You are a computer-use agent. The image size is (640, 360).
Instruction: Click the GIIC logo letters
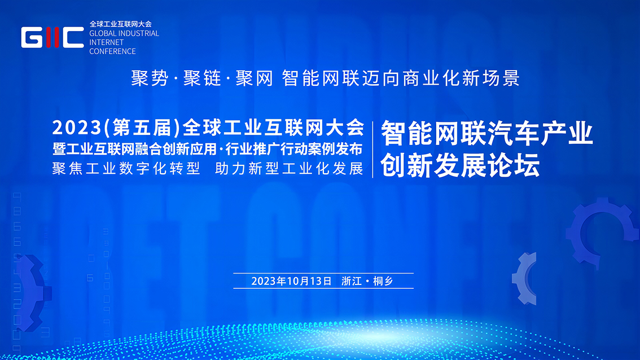tap(52, 38)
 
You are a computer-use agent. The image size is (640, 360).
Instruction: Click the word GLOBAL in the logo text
tap(102, 33)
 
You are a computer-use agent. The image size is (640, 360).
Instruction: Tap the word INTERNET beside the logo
tap(106, 42)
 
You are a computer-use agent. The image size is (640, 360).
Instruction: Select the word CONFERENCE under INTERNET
tap(113, 51)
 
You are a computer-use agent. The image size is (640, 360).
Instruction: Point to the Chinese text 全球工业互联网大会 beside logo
tap(120, 24)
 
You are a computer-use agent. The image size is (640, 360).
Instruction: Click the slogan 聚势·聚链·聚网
tap(202, 78)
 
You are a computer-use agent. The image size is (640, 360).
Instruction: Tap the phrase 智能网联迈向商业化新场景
tap(401, 78)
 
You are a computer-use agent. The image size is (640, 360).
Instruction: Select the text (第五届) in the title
tap(143, 128)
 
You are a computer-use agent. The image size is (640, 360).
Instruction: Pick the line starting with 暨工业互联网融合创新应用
tap(207, 149)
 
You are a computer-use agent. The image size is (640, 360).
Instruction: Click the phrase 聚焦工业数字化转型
tap(126, 169)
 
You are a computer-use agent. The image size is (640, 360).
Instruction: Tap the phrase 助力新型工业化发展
tap(289, 169)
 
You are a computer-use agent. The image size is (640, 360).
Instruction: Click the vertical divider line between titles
tap(372, 150)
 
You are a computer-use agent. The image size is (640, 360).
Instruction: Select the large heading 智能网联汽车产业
tap(487, 134)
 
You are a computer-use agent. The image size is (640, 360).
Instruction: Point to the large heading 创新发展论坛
tap(460, 165)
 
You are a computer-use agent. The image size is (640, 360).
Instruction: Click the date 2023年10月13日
tap(291, 281)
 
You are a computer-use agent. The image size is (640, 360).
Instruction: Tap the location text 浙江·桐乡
tap(367, 281)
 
